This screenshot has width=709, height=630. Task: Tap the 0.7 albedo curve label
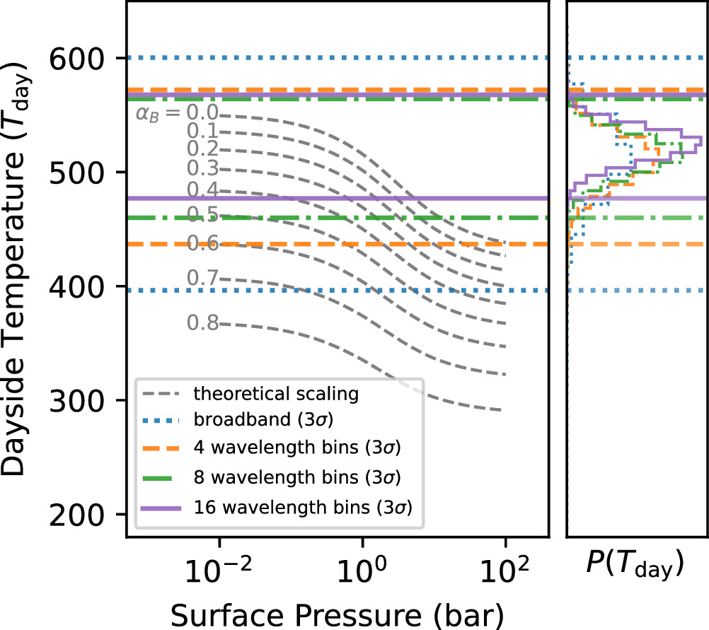click(202, 279)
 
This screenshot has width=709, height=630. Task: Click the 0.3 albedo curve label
click(202, 168)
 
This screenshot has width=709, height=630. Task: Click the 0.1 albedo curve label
click(202, 131)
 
